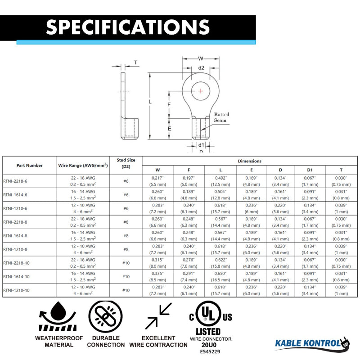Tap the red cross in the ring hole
click(x=201, y=91)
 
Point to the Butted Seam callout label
click(x=221, y=117)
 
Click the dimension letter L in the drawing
click(x=150, y=102)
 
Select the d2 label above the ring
click(x=201, y=67)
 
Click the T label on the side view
click(x=136, y=63)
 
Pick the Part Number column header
click(x=30, y=166)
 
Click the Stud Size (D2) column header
click(x=126, y=163)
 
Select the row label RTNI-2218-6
click(x=16, y=181)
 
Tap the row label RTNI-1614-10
click(x=17, y=276)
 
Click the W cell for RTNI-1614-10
click(x=157, y=276)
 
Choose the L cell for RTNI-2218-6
click(x=220, y=181)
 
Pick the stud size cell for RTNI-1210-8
click(x=126, y=249)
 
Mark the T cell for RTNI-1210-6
click(x=341, y=208)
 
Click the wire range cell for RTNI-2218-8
click(x=83, y=222)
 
